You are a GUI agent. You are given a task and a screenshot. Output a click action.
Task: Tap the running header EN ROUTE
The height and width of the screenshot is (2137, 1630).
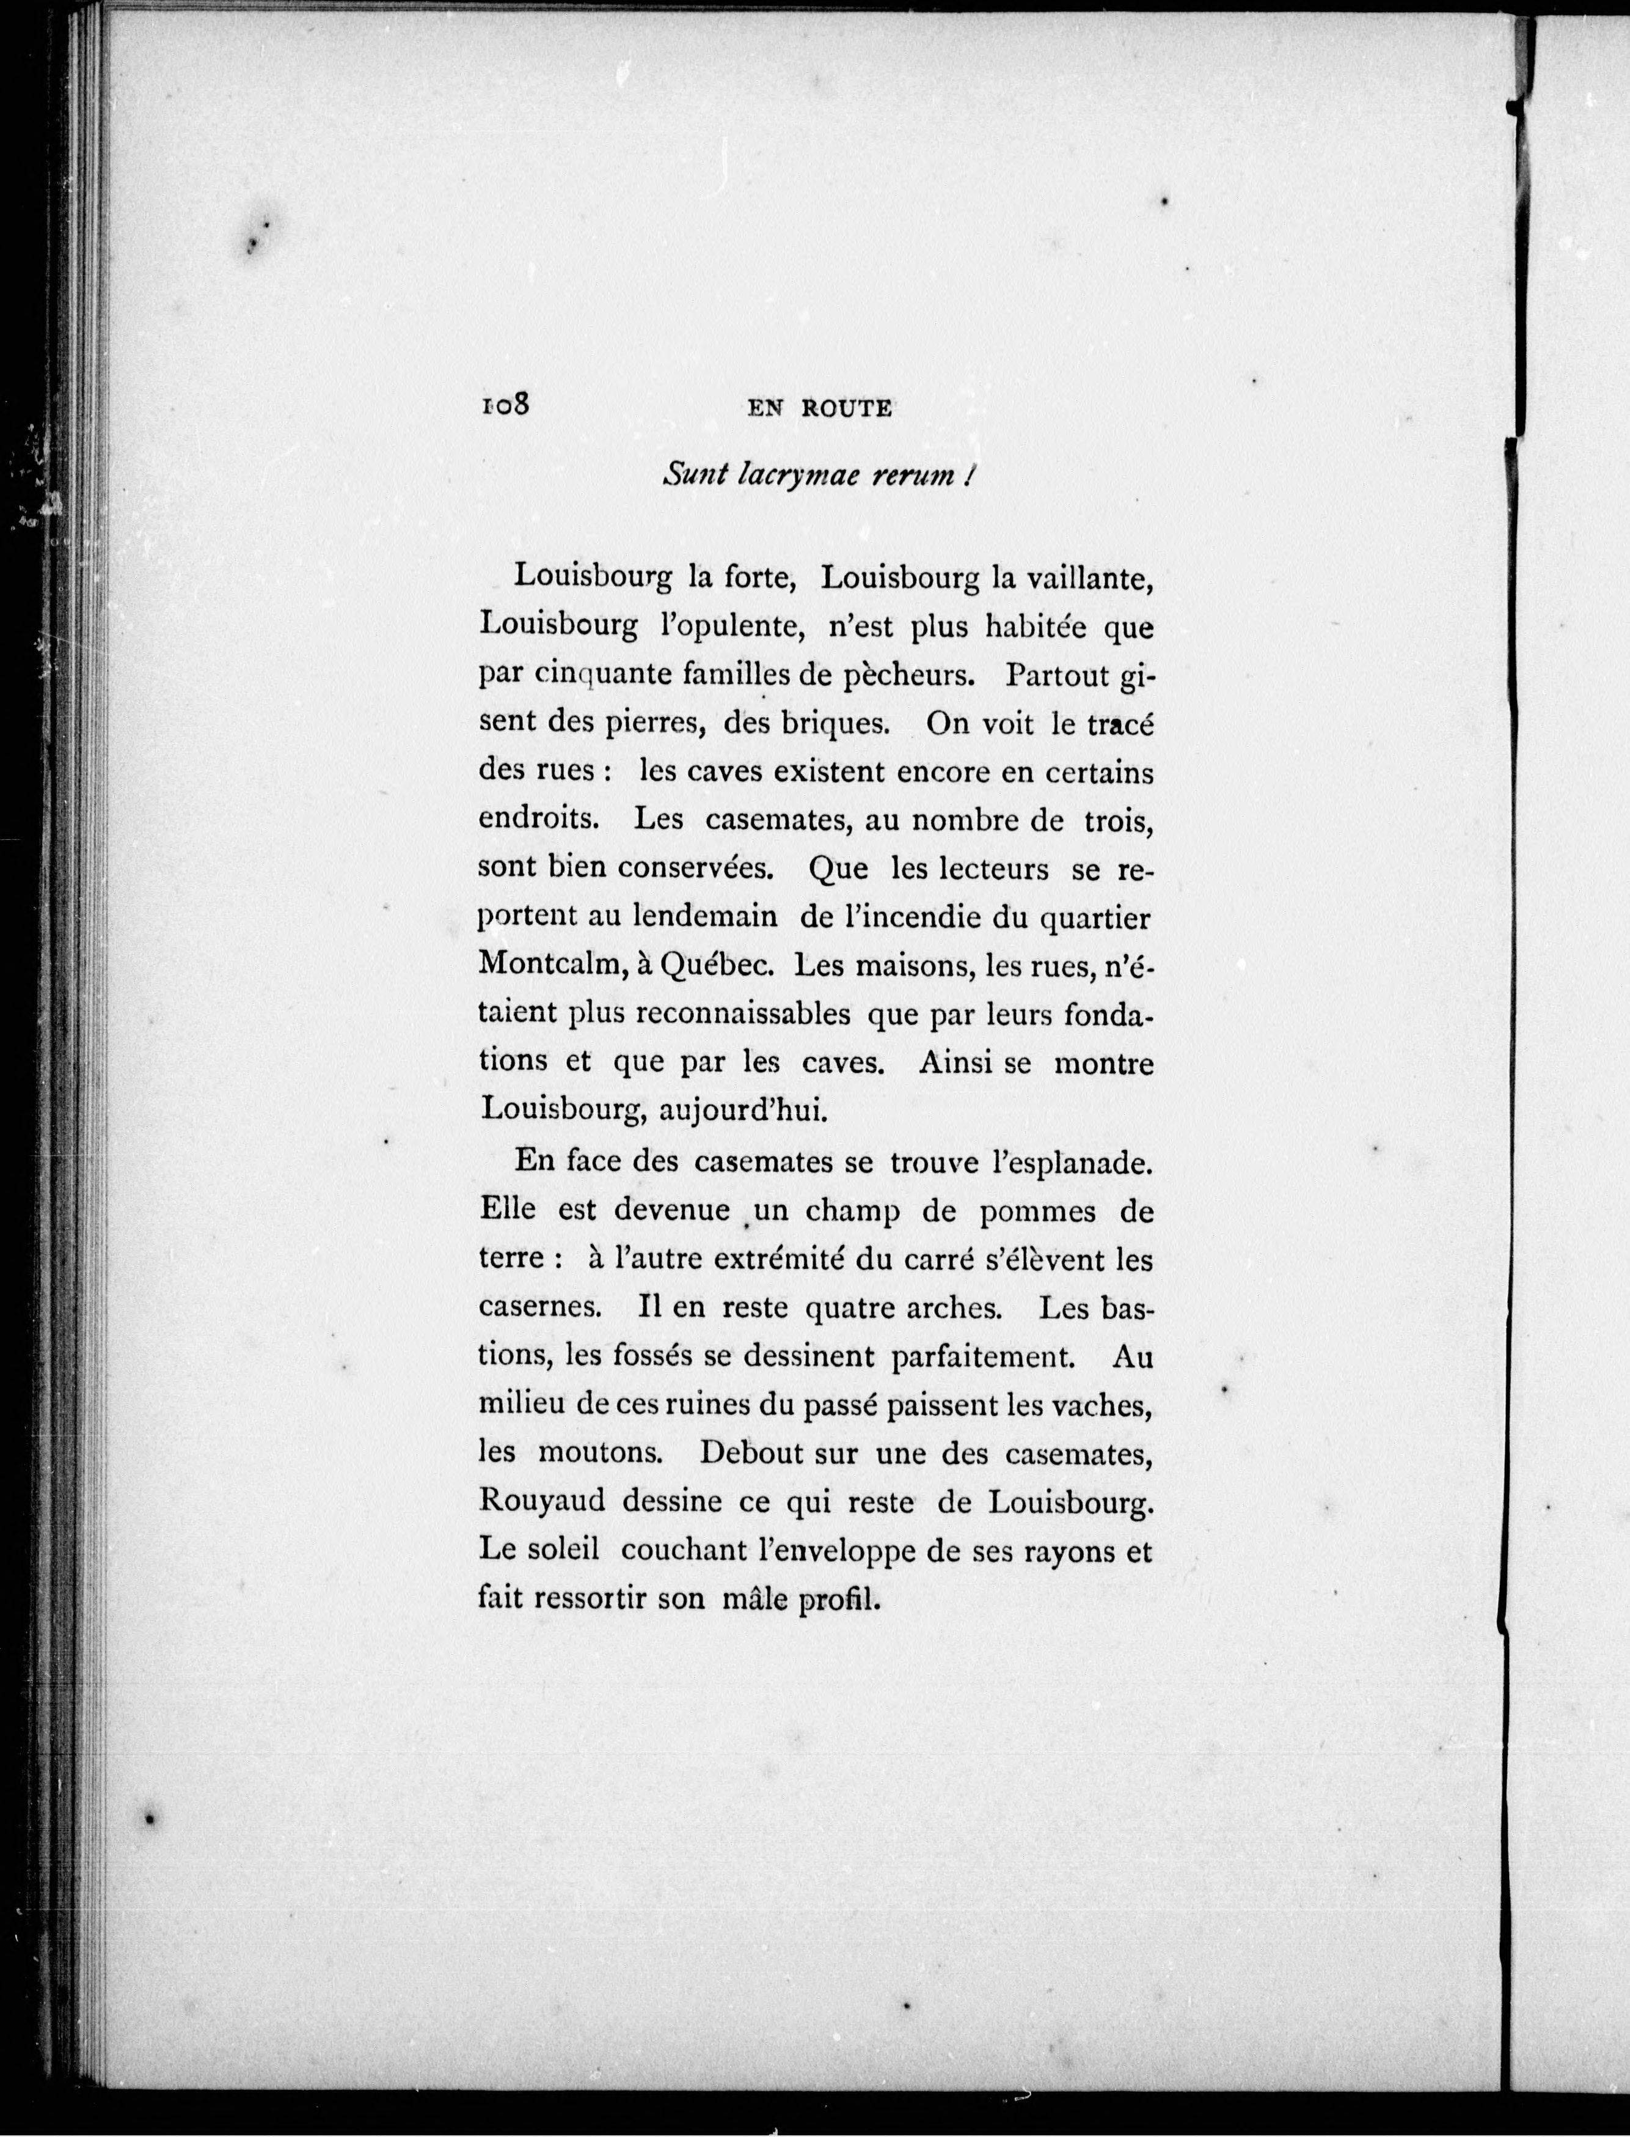[x=820, y=408]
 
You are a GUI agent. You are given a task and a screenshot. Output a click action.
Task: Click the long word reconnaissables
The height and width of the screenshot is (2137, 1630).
[x=743, y=1014]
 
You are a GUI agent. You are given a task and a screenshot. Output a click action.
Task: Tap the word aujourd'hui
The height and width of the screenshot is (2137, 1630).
[x=742, y=1110]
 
